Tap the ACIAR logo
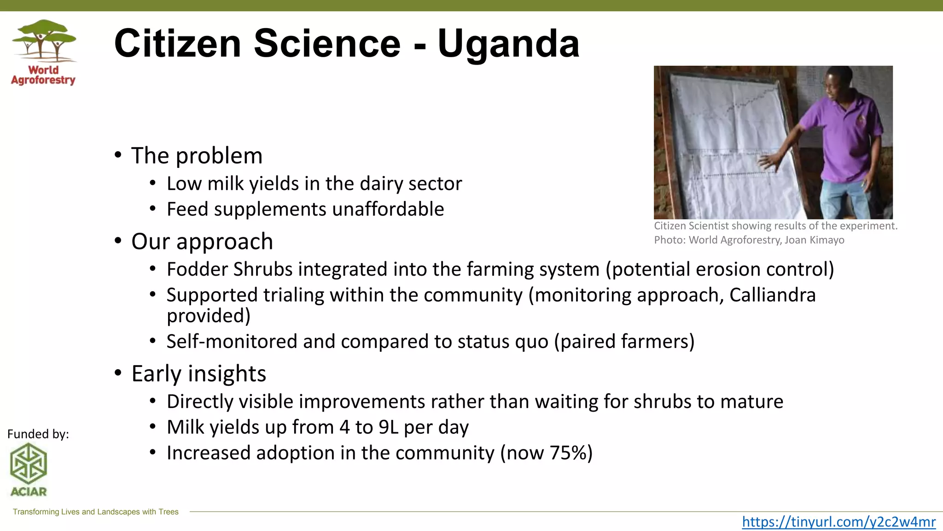pyautogui.click(x=29, y=469)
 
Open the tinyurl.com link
pyautogui.click(x=838, y=521)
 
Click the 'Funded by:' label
pyautogui.click(x=38, y=434)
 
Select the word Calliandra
pyautogui.click(x=772, y=295)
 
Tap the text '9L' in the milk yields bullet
pyautogui.click(x=388, y=427)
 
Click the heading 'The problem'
pyautogui.click(x=197, y=156)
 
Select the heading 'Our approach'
pyautogui.click(x=202, y=242)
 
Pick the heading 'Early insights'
pyautogui.click(x=198, y=373)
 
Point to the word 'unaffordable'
pyautogui.click(x=388, y=209)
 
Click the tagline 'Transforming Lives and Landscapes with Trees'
pyautogui.click(x=95, y=512)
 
